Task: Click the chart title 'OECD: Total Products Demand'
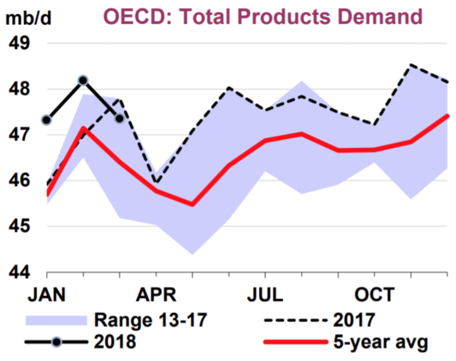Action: point(263,16)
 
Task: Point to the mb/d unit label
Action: point(29,18)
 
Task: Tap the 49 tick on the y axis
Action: point(19,43)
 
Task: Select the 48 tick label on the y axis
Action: point(19,89)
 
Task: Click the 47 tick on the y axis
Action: point(19,135)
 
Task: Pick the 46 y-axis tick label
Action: point(19,181)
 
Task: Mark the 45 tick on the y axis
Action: point(19,226)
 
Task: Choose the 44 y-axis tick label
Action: point(19,272)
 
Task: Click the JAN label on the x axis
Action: point(47,295)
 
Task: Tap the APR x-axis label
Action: point(156,295)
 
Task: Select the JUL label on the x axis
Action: point(265,295)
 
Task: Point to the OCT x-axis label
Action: point(374,295)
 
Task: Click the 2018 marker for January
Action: point(47,120)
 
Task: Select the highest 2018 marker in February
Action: point(83,80)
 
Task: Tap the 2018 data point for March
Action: point(120,118)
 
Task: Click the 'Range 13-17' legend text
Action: point(150,320)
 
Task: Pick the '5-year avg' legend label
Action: point(380,342)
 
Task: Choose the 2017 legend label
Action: point(354,320)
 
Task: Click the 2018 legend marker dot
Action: point(56,342)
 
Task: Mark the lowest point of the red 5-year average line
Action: point(193,205)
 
